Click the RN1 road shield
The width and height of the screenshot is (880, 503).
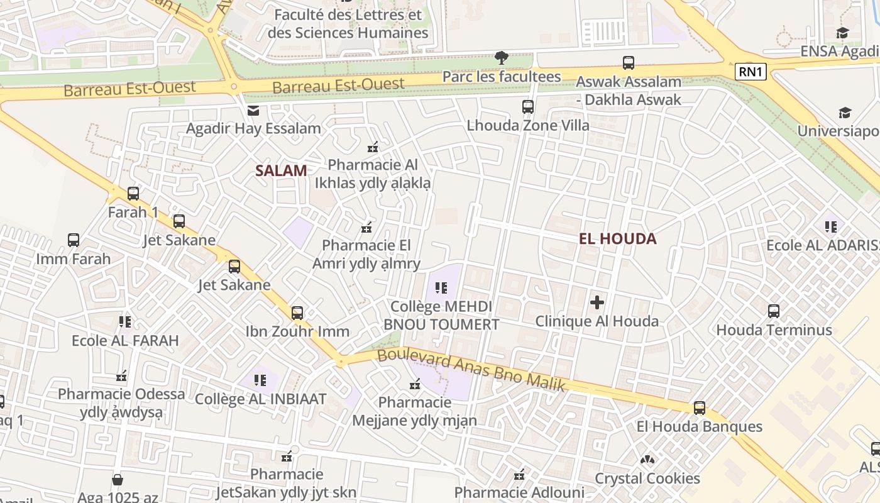pos(751,72)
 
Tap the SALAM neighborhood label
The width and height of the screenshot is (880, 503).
pos(281,170)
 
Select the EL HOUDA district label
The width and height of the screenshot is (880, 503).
pos(618,238)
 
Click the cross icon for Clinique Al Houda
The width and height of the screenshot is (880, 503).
pos(597,303)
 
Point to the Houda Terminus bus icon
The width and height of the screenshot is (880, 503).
pos(774,311)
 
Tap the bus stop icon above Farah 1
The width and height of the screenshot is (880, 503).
pos(133,194)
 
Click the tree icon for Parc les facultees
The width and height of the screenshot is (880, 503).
pos(501,58)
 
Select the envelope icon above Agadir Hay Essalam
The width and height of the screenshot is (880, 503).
pos(253,111)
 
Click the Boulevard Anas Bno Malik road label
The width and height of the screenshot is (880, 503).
pos(471,371)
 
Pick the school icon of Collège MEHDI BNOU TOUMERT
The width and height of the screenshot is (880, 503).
pos(441,288)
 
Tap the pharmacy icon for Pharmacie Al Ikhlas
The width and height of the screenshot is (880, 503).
pos(373,148)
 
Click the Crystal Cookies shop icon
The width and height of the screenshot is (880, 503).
pos(647,460)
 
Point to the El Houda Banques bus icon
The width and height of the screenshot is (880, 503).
pos(700,408)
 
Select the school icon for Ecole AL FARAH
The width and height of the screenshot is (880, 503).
pos(125,322)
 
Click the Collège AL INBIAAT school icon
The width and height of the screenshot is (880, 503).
pos(260,380)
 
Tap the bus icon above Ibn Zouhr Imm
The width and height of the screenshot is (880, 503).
pos(297,312)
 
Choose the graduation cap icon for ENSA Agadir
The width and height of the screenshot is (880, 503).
pos(842,33)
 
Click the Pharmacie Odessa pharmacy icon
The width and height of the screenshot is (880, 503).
pos(121,376)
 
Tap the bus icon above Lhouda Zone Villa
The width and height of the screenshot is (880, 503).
pos(528,107)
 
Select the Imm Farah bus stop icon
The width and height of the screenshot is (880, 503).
pos(74,240)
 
